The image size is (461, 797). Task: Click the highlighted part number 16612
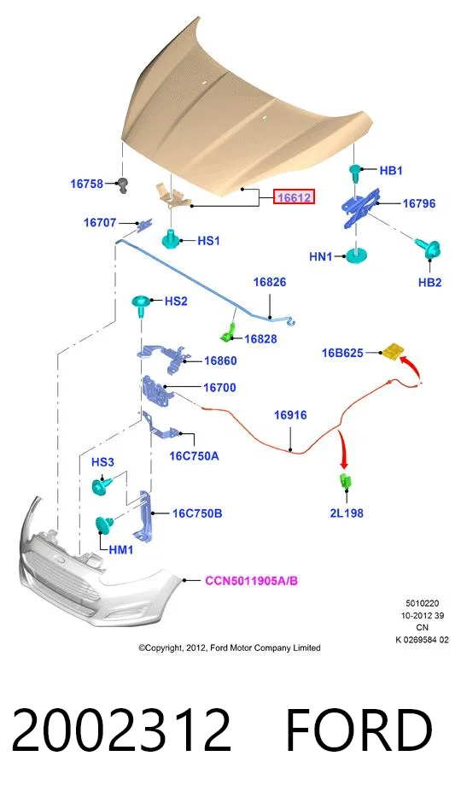point(295,196)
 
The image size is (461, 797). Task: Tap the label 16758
point(86,184)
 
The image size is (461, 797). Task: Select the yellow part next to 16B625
point(394,351)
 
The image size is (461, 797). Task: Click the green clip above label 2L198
point(346,481)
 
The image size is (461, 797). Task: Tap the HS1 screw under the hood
point(172,238)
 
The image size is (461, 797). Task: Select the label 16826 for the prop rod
point(270,282)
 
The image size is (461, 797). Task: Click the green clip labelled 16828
point(228,332)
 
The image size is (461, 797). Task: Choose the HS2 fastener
point(141,304)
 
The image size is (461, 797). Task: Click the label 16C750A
point(194,456)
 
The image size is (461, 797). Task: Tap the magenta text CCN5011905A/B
point(251,581)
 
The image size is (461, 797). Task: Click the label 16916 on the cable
point(290,415)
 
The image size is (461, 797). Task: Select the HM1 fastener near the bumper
point(103,524)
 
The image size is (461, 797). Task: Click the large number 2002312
point(121,730)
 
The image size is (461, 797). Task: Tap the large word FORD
point(359,730)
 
